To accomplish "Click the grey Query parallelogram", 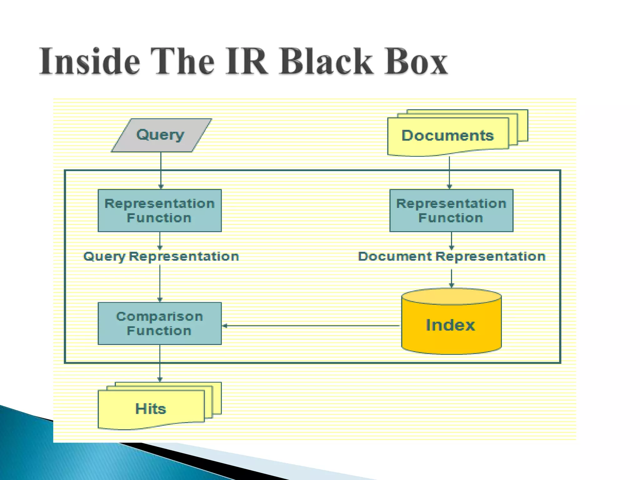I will pyautogui.click(x=161, y=135).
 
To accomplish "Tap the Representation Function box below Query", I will pyautogui.click(x=160, y=211).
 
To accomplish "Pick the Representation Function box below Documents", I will pyautogui.click(x=451, y=211).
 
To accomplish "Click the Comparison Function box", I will pyautogui.click(x=160, y=323).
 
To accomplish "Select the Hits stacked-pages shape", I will pyautogui.click(x=151, y=409).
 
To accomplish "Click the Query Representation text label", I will pyautogui.click(x=161, y=257).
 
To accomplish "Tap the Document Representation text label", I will pyautogui.click(x=452, y=257).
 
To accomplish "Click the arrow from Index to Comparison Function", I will pyautogui.click(x=311, y=326).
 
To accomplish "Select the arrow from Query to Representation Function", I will pyautogui.click(x=161, y=170).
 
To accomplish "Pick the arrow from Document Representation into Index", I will pyautogui.click(x=451, y=278).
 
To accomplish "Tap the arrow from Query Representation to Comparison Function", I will pyautogui.click(x=160, y=283).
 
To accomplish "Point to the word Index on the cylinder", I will pyautogui.click(x=450, y=325).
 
